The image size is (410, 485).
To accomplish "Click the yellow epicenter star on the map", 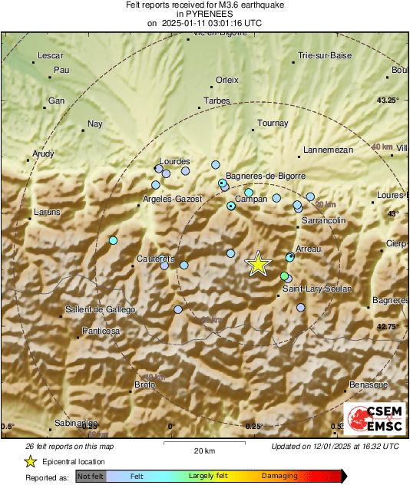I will click(259, 264).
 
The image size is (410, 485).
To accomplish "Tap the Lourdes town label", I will click(174, 162).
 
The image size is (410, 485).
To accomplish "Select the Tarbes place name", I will click(217, 101).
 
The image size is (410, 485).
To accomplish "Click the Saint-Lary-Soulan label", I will click(317, 289).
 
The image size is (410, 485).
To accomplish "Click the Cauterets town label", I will click(156, 259).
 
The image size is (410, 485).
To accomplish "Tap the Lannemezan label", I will click(328, 150).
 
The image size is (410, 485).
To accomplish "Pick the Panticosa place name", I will click(101, 332).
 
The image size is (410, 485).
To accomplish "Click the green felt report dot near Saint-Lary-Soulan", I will click(285, 276).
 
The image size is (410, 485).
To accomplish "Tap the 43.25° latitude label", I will click(389, 101).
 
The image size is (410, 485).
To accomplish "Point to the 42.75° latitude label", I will click(389, 327).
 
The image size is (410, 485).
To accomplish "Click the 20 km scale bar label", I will click(203, 450).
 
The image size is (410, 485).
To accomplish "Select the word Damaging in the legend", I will click(280, 477).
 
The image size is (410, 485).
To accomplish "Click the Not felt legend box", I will click(90, 477).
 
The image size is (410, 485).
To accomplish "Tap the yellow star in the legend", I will click(31, 461).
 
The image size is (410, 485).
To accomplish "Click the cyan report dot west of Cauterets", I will click(113, 241).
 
